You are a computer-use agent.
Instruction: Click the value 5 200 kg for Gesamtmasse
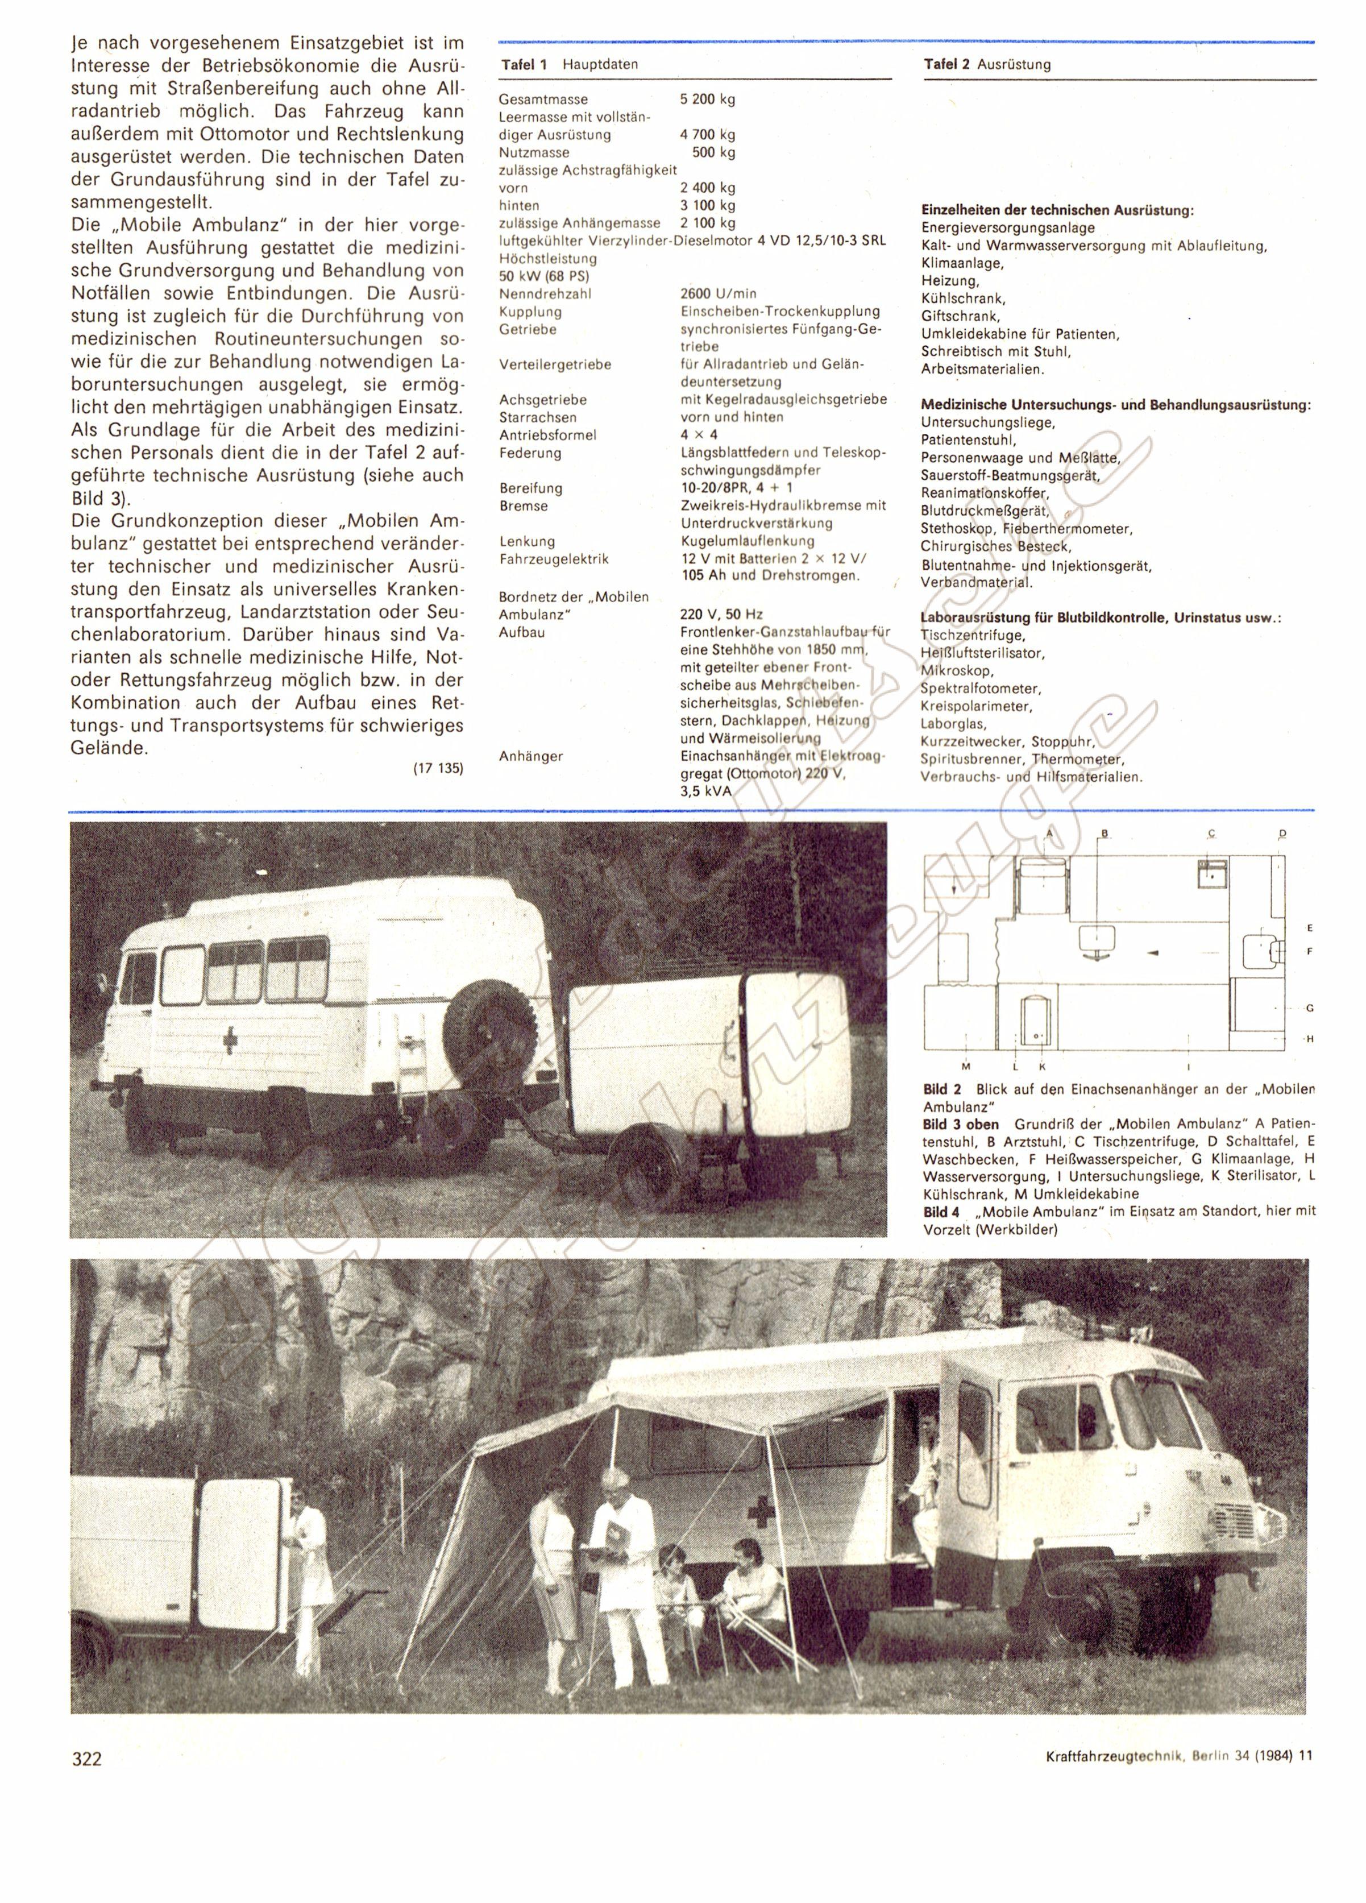tap(707, 99)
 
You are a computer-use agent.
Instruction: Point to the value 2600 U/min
tap(718, 294)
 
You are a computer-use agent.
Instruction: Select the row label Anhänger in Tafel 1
tap(530, 756)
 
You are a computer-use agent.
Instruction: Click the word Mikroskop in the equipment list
tap(957, 670)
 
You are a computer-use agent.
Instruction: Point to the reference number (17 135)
tap(438, 768)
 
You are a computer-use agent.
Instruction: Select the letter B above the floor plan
tap(1105, 833)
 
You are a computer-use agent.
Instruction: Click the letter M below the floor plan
tap(966, 1067)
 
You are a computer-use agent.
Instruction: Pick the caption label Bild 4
tap(941, 1212)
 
